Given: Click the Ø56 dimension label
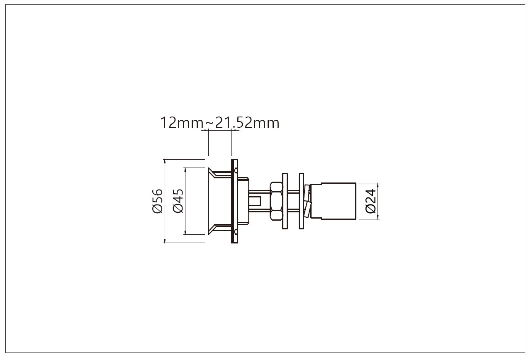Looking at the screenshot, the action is [x=157, y=201].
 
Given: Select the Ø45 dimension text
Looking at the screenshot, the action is [x=178, y=201].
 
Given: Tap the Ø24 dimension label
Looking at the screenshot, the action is [x=371, y=201].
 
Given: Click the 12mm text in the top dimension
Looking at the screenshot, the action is [x=182, y=123].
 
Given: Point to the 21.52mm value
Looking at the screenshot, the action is [x=247, y=123].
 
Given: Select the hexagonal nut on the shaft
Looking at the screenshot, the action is [x=276, y=201].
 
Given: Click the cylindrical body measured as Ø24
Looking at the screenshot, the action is [x=333, y=201].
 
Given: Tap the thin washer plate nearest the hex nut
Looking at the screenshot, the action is [x=285, y=201].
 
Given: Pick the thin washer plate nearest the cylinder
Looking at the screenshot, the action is [x=301, y=201].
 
